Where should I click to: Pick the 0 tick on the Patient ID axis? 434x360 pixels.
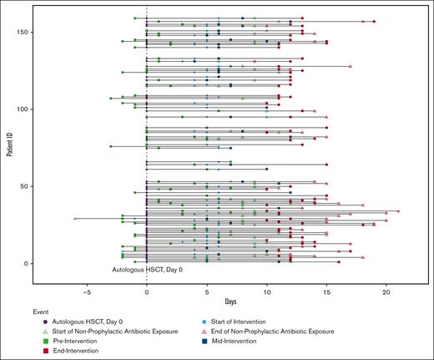[x=33, y=264]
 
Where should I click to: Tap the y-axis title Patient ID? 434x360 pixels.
[x=9, y=141]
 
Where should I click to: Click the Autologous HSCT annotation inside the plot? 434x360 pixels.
[x=148, y=271]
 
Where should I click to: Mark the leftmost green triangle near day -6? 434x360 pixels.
[x=75, y=218]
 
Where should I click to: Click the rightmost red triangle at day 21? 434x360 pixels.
[x=398, y=211]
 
